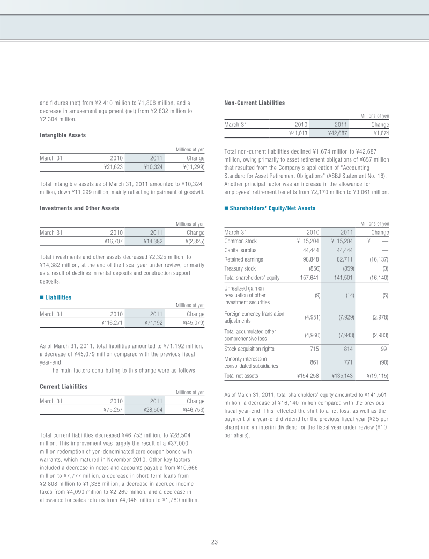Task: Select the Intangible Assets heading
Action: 63,135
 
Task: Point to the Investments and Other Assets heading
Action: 79,208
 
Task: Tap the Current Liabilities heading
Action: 63,386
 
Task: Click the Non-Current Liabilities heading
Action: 254,103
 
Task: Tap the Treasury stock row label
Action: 240,268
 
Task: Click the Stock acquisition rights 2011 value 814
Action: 346,349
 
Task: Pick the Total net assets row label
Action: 241,376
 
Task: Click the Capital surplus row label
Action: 240,250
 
